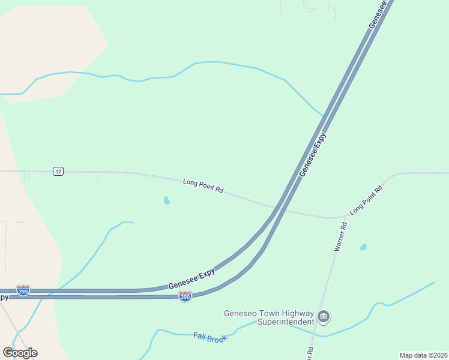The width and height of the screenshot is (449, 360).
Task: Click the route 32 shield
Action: pyautogui.click(x=58, y=172)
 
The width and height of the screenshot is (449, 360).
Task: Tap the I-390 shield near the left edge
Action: pyautogui.click(x=23, y=291)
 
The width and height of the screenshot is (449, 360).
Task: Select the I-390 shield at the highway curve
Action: pyautogui.click(x=185, y=296)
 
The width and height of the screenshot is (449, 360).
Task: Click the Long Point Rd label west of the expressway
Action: pyautogui.click(x=203, y=185)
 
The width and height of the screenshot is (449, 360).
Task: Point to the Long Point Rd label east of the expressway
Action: pyautogui.click(x=366, y=200)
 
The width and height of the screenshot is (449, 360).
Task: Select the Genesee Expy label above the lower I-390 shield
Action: pyautogui.click(x=191, y=278)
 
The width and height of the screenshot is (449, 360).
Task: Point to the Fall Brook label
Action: pyautogui.click(x=211, y=338)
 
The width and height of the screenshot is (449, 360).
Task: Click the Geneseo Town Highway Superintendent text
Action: pyautogui.click(x=268, y=317)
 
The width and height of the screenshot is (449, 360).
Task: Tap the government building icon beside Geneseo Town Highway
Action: pyautogui.click(x=324, y=316)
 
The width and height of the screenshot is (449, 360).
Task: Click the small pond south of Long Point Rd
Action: pyautogui.click(x=166, y=200)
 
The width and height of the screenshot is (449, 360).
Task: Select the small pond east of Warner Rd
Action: pyautogui.click(x=363, y=247)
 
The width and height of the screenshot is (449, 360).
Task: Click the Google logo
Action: pyautogui.click(x=20, y=352)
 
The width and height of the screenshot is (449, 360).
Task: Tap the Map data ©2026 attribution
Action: pyautogui.click(x=423, y=355)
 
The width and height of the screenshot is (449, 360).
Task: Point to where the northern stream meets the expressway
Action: pyautogui.click(x=323, y=115)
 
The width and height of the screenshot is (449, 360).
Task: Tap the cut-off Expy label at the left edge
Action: pyautogui.click(x=4, y=296)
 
